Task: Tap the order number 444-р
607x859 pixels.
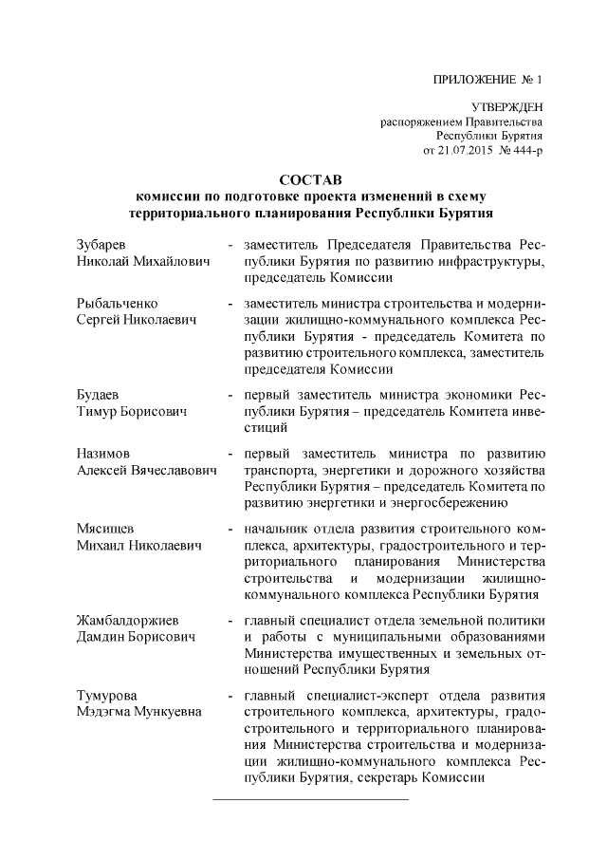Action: (x=525, y=150)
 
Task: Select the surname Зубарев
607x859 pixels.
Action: (x=100, y=244)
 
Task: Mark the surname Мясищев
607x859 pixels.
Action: (x=105, y=530)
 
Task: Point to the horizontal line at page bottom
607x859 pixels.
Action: (x=310, y=799)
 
